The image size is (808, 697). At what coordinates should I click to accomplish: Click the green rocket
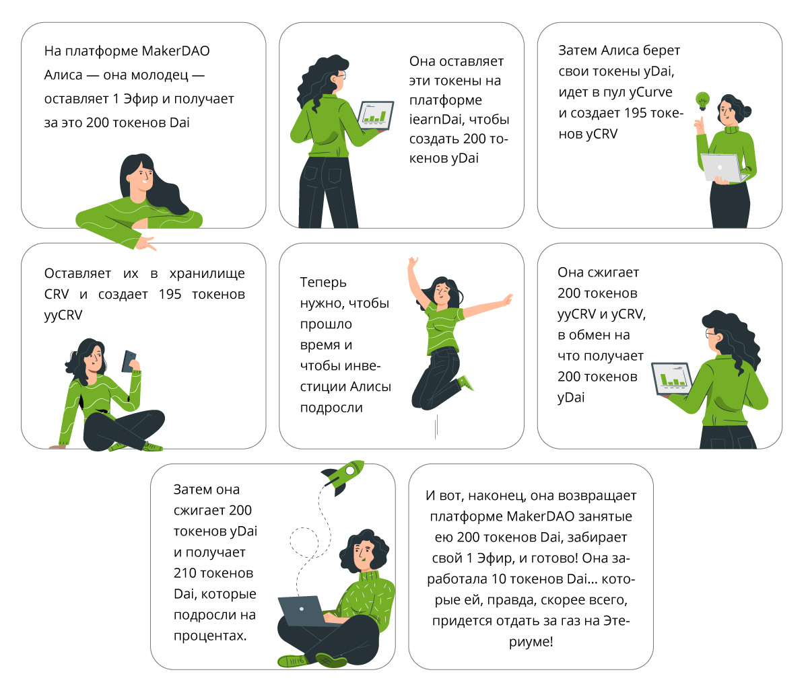pyautogui.click(x=343, y=476)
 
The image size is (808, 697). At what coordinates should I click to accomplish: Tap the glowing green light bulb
pyautogui.click(x=702, y=101)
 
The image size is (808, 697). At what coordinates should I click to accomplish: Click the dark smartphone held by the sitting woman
pyautogui.click(x=129, y=361)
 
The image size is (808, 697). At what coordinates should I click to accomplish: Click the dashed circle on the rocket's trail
pyautogui.click(x=304, y=543)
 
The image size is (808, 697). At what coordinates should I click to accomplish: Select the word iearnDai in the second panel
pyautogui.click(x=434, y=119)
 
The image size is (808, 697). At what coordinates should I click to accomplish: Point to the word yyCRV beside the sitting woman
pyautogui.click(x=63, y=316)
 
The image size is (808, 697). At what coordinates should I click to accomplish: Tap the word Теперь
pyautogui.click(x=323, y=283)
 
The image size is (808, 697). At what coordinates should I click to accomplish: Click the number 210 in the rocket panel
pyautogui.click(x=185, y=573)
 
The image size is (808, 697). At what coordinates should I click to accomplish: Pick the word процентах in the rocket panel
pyautogui.click(x=210, y=636)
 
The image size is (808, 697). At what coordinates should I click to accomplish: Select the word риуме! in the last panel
pyautogui.click(x=531, y=642)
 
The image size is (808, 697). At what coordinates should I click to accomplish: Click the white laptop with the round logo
pyautogui.click(x=722, y=168)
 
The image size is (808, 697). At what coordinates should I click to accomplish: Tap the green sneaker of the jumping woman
pyautogui.click(x=466, y=383)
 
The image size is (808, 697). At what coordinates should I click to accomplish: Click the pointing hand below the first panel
pyautogui.click(x=145, y=243)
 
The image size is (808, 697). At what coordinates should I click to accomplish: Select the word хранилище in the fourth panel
pyautogui.click(x=207, y=274)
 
